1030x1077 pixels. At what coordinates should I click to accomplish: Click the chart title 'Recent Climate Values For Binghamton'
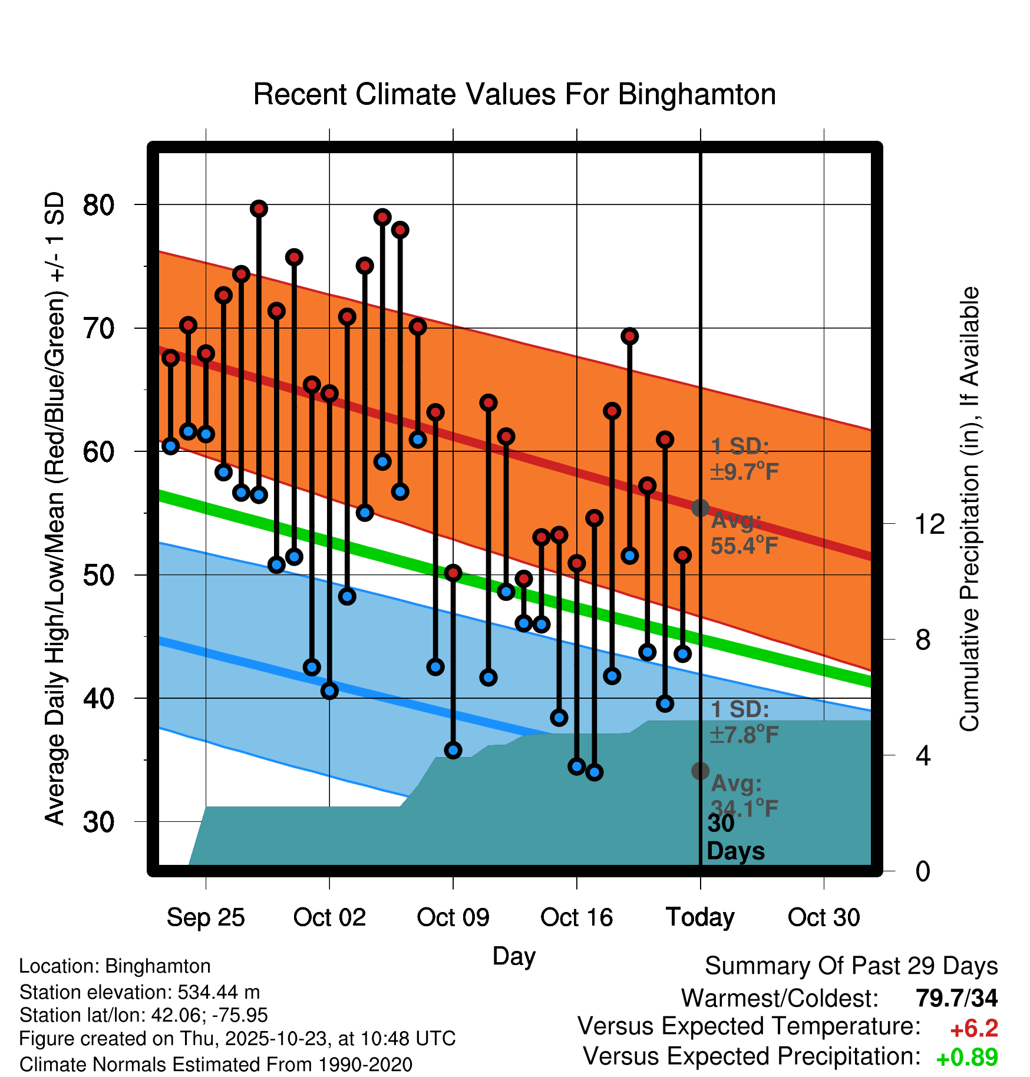514,94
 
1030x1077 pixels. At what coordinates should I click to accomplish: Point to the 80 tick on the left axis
98,205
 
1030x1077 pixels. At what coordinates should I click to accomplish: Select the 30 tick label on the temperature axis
98,821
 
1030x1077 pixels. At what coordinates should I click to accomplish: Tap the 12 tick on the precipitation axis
929,523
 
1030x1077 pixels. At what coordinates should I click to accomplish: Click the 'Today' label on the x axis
700,917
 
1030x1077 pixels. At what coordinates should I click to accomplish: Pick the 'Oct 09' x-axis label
453,917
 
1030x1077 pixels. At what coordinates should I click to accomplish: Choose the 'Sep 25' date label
206,917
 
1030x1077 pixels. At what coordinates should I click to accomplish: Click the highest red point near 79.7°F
259,209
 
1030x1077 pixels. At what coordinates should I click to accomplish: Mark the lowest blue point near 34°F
594,772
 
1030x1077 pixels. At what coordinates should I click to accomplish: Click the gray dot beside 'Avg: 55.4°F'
700,508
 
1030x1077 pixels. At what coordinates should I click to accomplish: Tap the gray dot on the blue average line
700,771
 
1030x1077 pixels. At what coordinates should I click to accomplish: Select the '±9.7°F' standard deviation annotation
744,471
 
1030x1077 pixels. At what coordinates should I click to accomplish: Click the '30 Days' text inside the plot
735,837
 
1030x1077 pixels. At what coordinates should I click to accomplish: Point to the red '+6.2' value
973,1029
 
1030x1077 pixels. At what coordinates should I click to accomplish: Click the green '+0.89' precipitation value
966,1058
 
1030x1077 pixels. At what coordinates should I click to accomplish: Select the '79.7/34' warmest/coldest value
956,998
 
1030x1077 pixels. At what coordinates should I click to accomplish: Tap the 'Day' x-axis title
514,956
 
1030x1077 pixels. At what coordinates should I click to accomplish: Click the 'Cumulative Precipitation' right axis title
969,509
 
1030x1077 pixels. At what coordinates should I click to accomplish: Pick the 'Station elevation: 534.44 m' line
140,992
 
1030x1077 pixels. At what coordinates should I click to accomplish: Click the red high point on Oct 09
453,573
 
